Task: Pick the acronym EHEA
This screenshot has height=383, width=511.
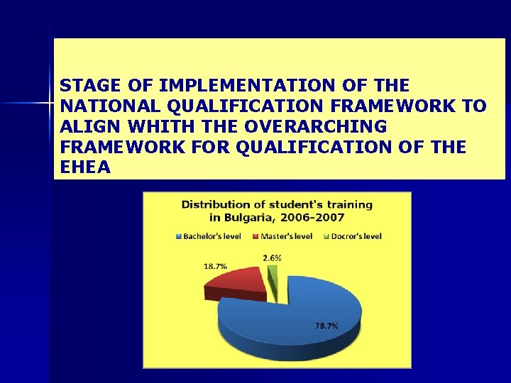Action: [x=85, y=168]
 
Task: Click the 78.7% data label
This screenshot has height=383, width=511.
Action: [x=326, y=326]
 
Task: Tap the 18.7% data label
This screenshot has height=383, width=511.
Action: [x=215, y=267]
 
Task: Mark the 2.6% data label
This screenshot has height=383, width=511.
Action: [x=272, y=258]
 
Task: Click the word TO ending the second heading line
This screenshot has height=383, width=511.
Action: [x=476, y=106]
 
